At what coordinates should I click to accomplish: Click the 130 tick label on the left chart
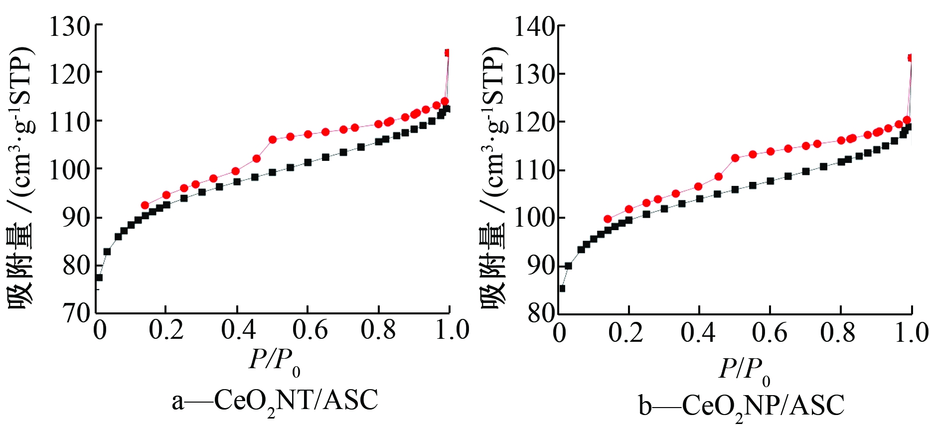pyautogui.click(x=69, y=26)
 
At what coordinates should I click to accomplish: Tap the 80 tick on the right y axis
pyautogui.click(x=541, y=314)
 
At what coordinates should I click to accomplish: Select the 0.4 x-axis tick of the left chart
pyautogui.click(x=238, y=330)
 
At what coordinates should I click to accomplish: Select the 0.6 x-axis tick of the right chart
pyautogui.click(x=770, y=333)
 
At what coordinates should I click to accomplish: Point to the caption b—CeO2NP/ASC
pyautogui.click(x=742, y=406)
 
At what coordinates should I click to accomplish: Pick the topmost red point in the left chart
pyautogui.click(x=448, y=53)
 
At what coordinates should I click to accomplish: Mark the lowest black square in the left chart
pyautogui.click(x=99, y=278)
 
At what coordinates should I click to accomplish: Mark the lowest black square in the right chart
pyautogui.click(x=562, y=288)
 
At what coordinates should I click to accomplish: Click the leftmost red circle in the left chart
pyautogui.click(x=145, y=205)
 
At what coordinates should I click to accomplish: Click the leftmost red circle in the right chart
pyautogui.click(x=608, y=219)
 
